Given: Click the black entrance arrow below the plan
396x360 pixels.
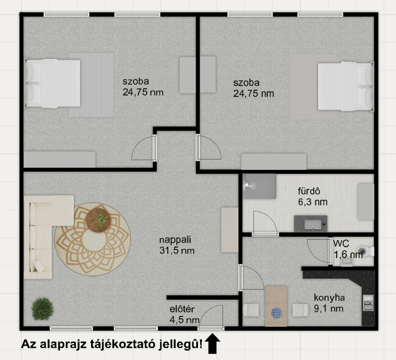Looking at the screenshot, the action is point(212,343).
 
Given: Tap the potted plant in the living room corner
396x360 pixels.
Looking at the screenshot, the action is point(43,309).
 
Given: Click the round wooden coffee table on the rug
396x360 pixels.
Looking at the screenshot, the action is point(98,220).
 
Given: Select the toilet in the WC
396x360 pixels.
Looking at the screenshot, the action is point(366,252).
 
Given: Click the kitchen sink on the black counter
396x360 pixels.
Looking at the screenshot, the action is point(368,303).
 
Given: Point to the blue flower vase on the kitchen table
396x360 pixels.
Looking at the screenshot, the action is point(277,313).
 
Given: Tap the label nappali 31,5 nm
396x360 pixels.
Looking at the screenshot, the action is point(177,245).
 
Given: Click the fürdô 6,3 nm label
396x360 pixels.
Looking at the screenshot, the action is point(312,197).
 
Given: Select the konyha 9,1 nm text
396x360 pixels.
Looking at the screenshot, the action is point(329,303).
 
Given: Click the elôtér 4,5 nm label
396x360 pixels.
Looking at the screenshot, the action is point(184,314).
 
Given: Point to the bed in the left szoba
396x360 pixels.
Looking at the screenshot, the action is point(52,83).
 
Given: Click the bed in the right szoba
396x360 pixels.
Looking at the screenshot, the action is point(346,86).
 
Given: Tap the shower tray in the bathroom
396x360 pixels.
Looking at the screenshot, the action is point(259,186).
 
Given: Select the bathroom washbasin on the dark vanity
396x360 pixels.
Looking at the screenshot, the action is point(313,224).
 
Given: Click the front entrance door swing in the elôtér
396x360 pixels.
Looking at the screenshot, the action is point(211,317).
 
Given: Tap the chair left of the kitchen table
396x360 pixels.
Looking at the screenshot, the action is point(251,310).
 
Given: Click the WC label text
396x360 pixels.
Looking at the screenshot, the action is point(341,244).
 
